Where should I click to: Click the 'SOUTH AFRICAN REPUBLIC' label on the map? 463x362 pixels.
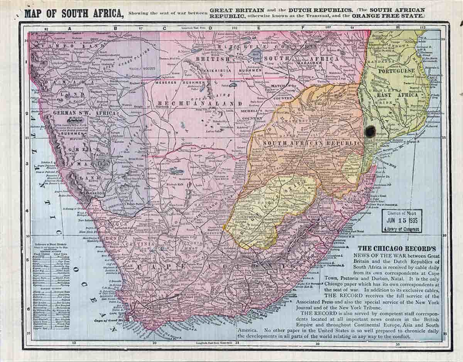(x=313, y=144)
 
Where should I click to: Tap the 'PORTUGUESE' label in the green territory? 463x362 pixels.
(x=396, y=71)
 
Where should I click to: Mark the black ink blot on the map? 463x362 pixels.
(x=370, y=131)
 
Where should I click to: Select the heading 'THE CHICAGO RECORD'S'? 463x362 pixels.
(x=397, y=249)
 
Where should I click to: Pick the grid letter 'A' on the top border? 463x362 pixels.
(x=69, y=28)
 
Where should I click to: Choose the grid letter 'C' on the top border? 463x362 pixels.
(x=164, y=28)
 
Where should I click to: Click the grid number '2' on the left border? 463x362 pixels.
(x=26, y=114)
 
